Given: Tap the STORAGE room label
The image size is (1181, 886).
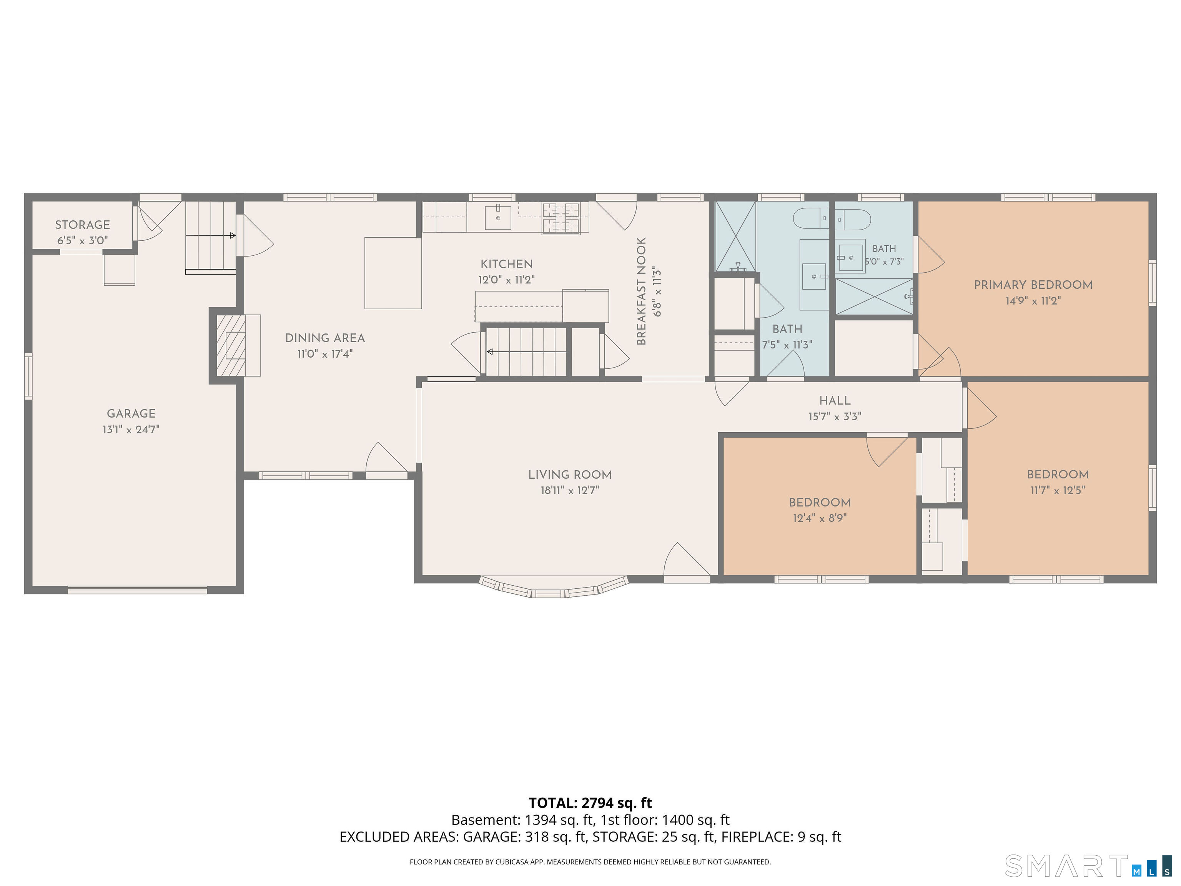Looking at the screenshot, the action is tap(82, 225).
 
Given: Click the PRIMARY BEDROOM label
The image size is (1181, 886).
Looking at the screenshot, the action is tap(1033, 285).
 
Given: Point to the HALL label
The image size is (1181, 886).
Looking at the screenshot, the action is tap(835, 401).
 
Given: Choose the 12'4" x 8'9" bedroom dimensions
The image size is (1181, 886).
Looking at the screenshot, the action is tap(820, 518).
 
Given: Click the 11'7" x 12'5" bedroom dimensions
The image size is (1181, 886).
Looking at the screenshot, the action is tap(1058, 490).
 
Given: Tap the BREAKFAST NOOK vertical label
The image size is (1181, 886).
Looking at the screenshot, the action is tap(641, 291).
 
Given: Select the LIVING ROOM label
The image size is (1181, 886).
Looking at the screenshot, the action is tap(570, 475).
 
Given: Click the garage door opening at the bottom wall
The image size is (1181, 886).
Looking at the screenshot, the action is tap(137, 590).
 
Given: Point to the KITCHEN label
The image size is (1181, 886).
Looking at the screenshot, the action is tap(506, 264).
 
